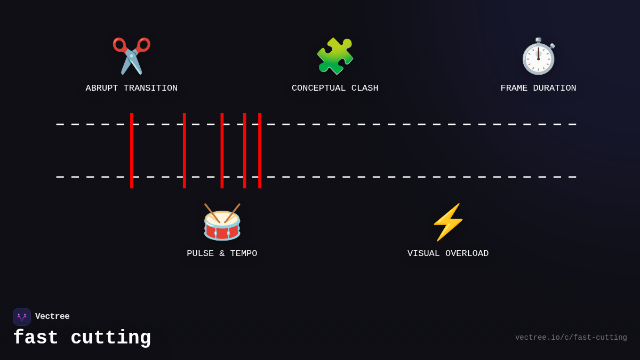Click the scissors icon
coord(131,56)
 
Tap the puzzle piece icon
coord(335,56)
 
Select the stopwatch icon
coord(538,56)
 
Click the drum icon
coord(222,222)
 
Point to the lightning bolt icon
coord(448,222)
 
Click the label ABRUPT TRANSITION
coord(131,89)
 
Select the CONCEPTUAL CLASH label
coord(335,89)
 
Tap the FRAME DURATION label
coord(538,89)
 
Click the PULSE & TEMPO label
coord(222,254)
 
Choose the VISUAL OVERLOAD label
coord(448,254)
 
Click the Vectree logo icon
coord(22,317)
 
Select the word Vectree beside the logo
coord(52,317)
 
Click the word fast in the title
coord(36,338)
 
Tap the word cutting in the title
coord(111,338)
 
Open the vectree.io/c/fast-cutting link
coord(571,338)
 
